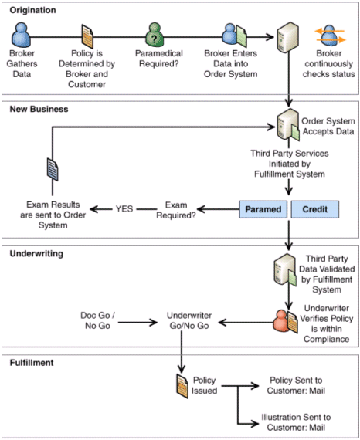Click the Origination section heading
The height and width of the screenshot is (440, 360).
(32, 10)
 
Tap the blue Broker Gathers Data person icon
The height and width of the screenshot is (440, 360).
(21, 35)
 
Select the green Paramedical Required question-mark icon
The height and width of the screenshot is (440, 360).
(155, 35)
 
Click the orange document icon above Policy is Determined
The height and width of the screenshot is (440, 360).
(87, 36)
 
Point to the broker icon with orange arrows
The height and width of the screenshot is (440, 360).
(329, 36)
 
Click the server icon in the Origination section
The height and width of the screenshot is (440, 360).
(287, 37)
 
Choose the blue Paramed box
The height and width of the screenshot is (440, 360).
(263, 209)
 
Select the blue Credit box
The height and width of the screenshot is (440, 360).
(314, 209)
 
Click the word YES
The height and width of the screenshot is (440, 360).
(124, 209)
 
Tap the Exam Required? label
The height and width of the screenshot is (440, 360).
(176, 210)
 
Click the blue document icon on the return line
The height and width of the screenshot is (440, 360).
(53, 169)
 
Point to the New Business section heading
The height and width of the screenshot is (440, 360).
(39, 109)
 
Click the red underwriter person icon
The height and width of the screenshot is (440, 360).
(280, 321)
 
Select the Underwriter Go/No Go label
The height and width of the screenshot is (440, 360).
(189, 320)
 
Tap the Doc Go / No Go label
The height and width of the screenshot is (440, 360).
(97, 320)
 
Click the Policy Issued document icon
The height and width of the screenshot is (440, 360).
(182, 386)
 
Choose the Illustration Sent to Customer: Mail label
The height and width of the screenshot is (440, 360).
(296, 422)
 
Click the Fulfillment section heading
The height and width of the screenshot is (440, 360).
(32, 363)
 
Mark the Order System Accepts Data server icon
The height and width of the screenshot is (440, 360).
(288, 125)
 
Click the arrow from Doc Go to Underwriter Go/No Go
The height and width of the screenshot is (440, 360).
(138, 323)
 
